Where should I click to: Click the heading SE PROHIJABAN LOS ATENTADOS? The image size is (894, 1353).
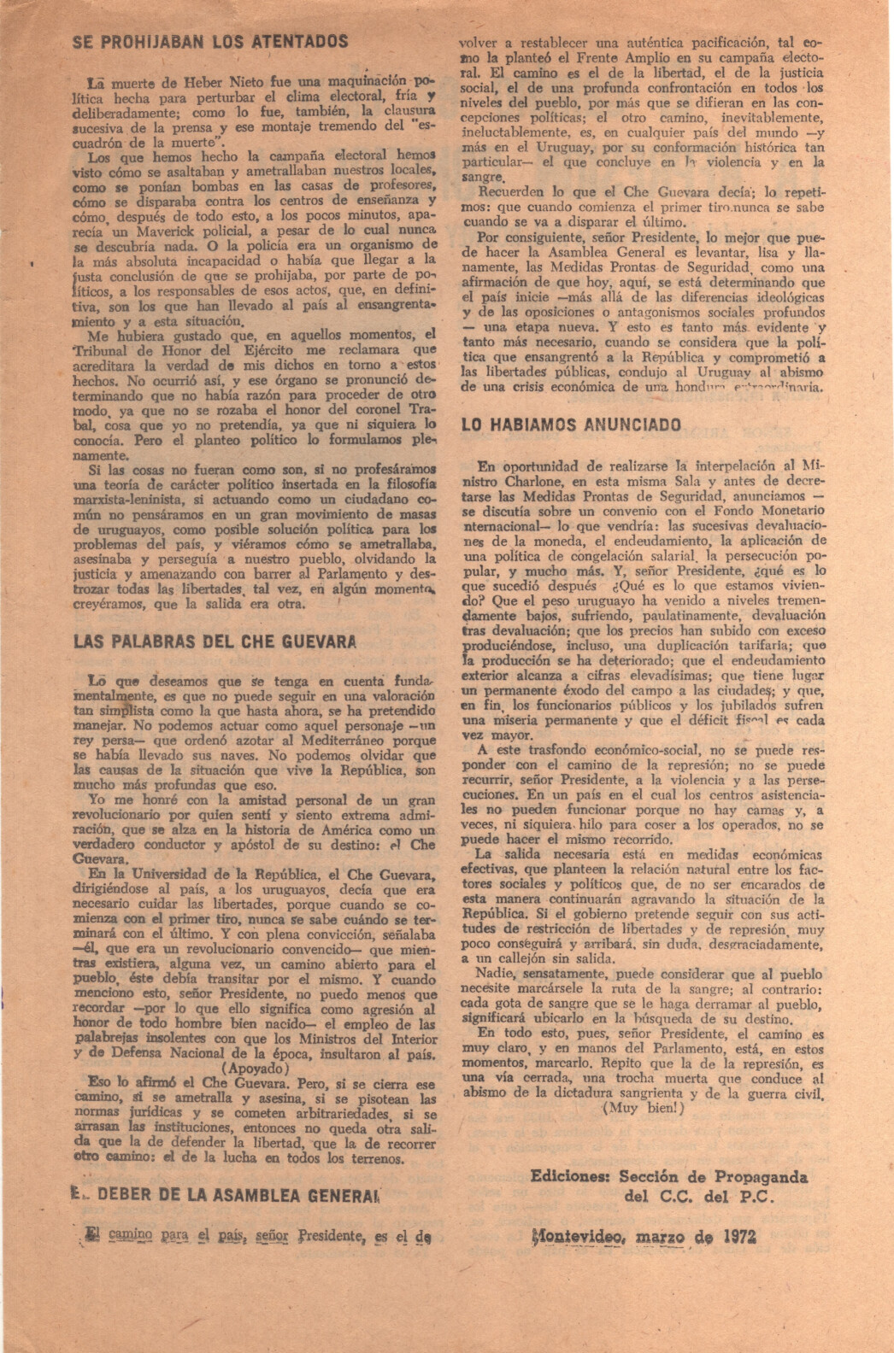[210, 42]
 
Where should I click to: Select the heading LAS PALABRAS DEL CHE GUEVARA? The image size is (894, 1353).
[215, 641]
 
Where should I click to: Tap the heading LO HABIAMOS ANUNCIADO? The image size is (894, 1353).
[571, 425]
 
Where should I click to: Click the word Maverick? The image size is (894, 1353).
[162, 231]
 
